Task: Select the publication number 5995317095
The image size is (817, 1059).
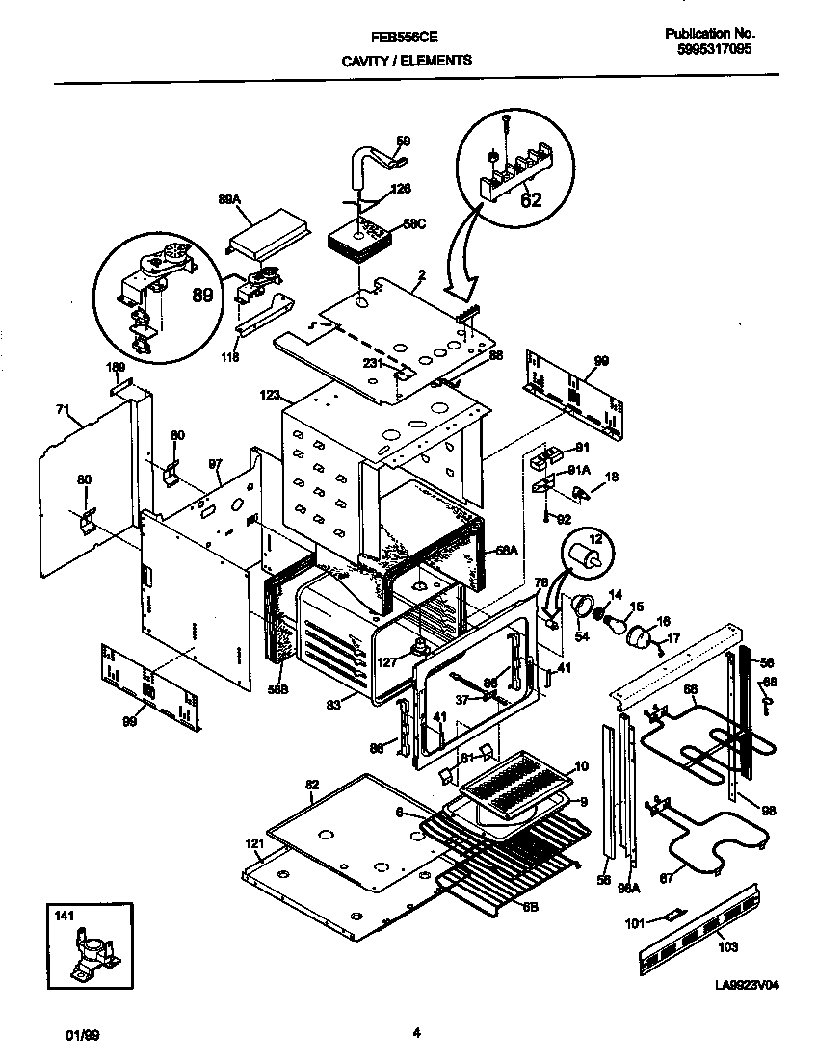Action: [709, 48]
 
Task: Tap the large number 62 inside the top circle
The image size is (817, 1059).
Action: [531, 200]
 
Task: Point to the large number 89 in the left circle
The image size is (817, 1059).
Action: [201, 296]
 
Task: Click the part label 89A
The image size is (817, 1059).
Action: [228, 200]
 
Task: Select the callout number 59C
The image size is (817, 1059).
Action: [413, 224]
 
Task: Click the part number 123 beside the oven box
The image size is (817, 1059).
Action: [269, 394]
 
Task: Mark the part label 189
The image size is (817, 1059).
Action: [115, 367]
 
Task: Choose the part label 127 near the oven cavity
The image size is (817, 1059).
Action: [388, 661]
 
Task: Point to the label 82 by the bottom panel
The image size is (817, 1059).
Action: [311, 786]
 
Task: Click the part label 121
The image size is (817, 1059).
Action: [253, 843]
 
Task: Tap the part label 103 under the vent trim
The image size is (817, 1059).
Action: [728, 947]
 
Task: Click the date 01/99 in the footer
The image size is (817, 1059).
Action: [81, 1036]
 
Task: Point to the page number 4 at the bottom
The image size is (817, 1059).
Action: [416, 1034]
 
